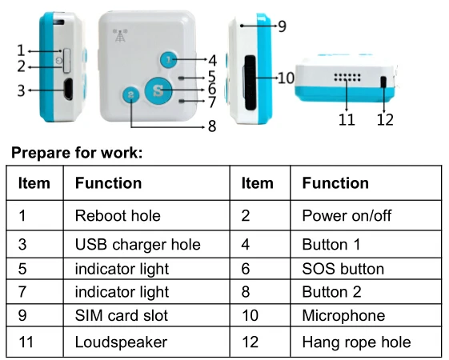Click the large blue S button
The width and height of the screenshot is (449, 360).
click(158, 90)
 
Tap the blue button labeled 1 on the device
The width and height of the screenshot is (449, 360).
click(168, 60)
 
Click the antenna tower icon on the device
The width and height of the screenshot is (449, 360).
click(120, 35)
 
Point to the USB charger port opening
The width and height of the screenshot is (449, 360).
click(68, 89)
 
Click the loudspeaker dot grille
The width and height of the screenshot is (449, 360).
click(347, 78)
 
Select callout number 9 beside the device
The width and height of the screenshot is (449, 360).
click(282, 26)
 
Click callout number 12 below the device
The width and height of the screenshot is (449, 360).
click(385, 120)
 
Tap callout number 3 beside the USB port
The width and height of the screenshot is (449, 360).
click(21, 90)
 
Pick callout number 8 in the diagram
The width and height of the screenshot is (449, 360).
click(212, 126)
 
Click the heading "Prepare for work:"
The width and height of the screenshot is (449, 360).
click(77, 153)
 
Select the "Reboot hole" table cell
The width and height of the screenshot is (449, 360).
click(146, 215)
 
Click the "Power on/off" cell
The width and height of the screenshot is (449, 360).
click(366, 215)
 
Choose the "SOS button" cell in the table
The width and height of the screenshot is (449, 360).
click(366, 269)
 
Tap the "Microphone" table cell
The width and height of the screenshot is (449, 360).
click(366, 315)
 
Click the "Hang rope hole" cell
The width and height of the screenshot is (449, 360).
click(366, 342)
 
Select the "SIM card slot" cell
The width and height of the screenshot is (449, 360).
click(146, 315)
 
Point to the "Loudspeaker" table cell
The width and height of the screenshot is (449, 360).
click(146, 342)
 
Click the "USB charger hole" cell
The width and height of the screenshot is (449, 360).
click(146, 244)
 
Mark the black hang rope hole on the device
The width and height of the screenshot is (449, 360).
click(383, 82)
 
